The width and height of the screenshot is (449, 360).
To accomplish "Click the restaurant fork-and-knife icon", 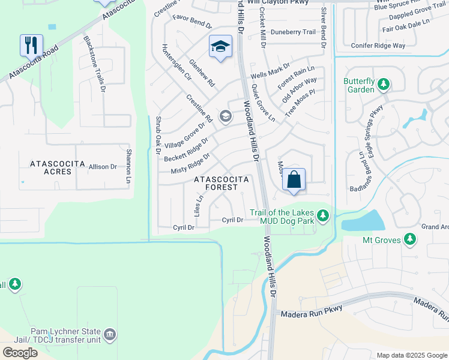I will (x=32, y=45).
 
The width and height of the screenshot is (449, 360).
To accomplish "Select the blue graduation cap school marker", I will (x=220, y=46).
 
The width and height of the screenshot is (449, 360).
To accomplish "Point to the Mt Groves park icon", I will (x=410, y=239).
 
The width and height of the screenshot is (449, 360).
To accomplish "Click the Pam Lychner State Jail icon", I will (x=109, y=334).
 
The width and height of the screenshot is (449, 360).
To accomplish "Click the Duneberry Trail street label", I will (x=293, y=32).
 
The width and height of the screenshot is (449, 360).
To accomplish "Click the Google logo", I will (x=20, y=353).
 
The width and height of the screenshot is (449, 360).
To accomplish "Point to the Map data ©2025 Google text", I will (x=412, y=355).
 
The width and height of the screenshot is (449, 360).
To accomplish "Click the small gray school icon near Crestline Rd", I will (x=226, y=116).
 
